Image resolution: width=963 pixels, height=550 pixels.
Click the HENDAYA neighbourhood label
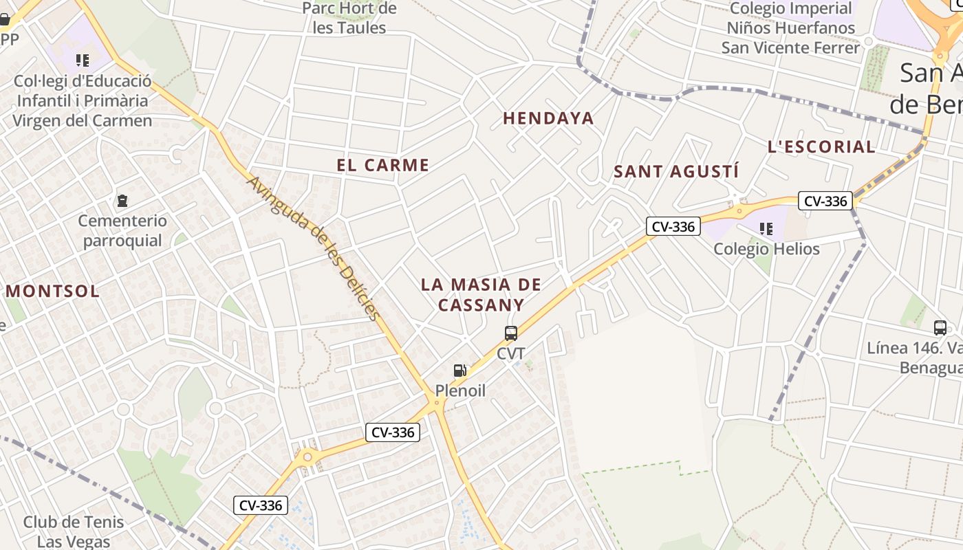click(x=548, y=118)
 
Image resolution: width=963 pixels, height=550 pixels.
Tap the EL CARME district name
click(x=382, y=165)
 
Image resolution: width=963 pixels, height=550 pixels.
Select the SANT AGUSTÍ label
click(x=675, y=171)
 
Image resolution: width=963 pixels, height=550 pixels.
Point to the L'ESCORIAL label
click(x=821, y=146)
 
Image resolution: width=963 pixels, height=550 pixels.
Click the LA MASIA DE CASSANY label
click(x=481, y=294)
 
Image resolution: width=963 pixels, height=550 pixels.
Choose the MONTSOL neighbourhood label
click(x=53, y=291)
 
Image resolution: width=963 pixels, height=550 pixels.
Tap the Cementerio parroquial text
click(x=122, y=230)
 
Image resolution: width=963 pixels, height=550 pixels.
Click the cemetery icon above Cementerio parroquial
click(x=122, y=201)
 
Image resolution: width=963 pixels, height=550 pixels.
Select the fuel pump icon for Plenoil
click(x=460, y=371)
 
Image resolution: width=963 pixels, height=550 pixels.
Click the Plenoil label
click(x=460, y=390)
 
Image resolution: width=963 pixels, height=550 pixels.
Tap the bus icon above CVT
click(x=511, y=333)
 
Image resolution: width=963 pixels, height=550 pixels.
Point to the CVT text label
click(x=511, y=353)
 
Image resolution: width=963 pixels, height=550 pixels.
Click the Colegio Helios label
click(x=766, y=248)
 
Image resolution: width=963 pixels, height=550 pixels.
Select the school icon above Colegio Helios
click(x=766, y=228)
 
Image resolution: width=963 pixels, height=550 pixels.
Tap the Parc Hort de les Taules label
click(x=350, y=19)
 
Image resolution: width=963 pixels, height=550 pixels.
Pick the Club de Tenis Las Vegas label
click(x=74, y=531)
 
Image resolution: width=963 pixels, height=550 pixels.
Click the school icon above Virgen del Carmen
click(x=83, y=60)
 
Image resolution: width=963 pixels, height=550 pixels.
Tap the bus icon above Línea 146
click(x=940, y=327)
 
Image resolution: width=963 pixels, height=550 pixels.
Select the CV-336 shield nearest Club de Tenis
click(x=261, y=505)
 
